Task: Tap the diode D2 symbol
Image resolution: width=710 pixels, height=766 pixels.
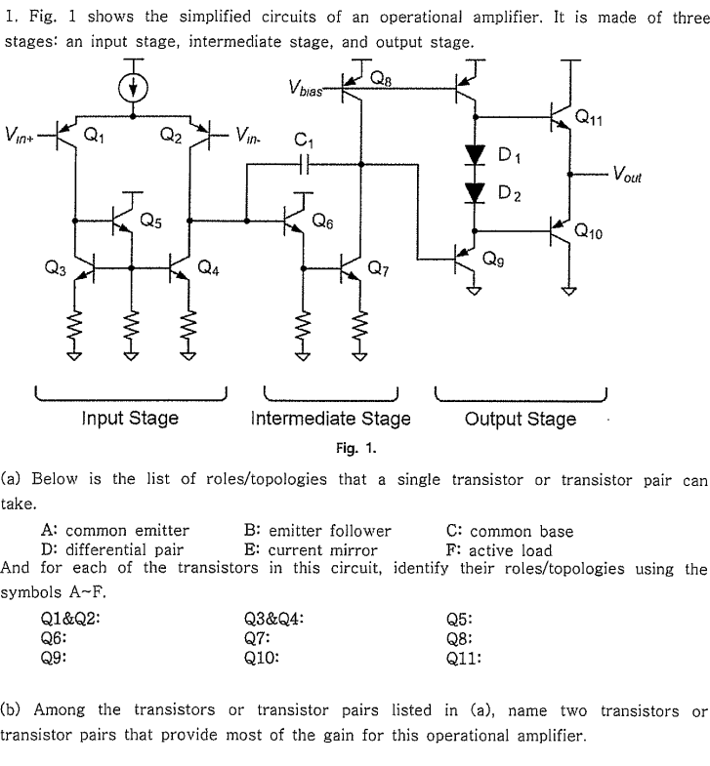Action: coord(476,193)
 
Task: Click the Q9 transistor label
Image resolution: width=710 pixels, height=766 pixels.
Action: coord(495,260)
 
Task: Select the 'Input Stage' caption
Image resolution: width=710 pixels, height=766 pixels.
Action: coord(130,419)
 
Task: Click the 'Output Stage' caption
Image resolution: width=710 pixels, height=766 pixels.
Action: coord(520,419)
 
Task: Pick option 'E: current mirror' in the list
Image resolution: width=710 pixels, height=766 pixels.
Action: coord(310,549)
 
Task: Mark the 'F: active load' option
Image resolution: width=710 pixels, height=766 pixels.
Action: coord(498,549)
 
